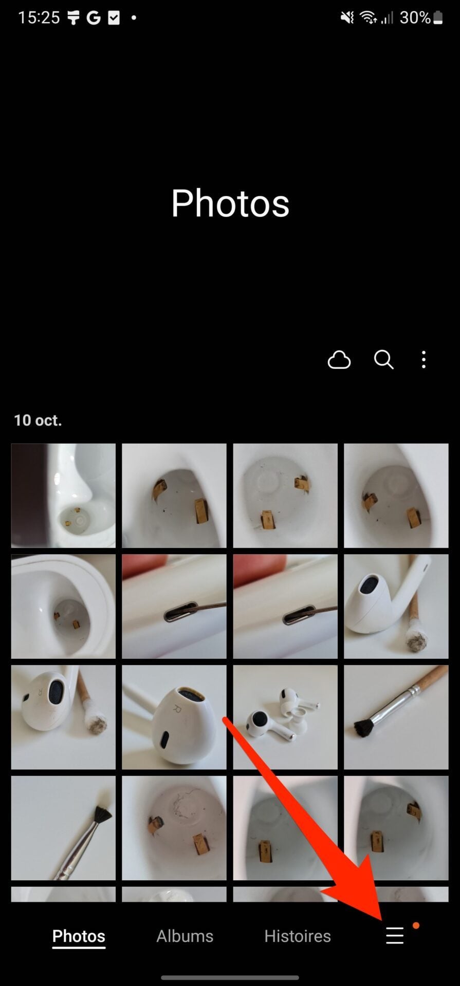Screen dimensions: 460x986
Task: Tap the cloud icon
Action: (x=339, y=360)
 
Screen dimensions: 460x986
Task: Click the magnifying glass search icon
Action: (x=383, y=360)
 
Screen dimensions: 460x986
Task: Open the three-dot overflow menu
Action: (x=424, y=360)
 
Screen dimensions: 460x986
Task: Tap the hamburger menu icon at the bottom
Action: (x=395, y=936)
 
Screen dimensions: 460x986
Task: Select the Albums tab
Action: (x=185, y=936)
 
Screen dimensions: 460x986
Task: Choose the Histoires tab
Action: (x=298, y=936)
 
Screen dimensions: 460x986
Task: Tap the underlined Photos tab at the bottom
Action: (x=79, y=937)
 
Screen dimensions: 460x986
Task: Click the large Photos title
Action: (x=230, y=203)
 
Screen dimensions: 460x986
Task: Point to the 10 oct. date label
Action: (x=38, y=420)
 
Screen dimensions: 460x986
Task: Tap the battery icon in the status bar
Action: (x=438, y=18)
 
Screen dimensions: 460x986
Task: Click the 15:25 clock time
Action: (x=39, y=18)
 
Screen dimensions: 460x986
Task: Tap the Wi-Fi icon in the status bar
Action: (x=368, y=18)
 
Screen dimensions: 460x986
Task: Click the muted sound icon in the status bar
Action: (x=347, y=18)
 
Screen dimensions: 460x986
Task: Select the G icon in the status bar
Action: (x=94, y=18)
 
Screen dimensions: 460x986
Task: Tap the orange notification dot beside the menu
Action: (x=416, y=925)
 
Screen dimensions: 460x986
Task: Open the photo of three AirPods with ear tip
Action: (x=285, y=717)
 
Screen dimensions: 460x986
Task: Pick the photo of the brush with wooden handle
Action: (x=396, y=717)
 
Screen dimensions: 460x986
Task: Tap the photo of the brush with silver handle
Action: (x=63, y=828)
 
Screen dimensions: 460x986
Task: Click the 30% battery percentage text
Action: (x=415, y=18)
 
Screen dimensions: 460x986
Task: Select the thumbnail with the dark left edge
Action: (x=63, y=496)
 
